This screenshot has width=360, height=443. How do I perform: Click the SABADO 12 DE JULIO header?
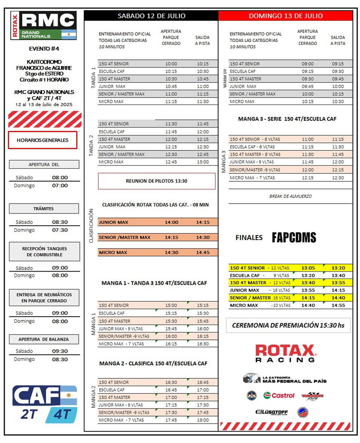click(151, 16)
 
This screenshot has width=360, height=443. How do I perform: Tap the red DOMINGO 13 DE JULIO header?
click(286, 16)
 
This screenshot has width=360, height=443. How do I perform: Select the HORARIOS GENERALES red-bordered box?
click(42, 140)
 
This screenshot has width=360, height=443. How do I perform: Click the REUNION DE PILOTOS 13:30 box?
click(156, 181)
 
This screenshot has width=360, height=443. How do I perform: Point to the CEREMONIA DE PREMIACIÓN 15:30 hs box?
click(288, 325)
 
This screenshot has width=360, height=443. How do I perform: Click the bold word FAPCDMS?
click(294, 238)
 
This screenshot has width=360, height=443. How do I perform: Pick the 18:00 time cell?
click(203, 420)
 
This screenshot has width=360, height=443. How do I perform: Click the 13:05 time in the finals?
click(307, 268)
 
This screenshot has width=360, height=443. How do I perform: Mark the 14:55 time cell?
click(338, 305)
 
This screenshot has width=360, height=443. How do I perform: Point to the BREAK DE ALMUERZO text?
click(290, 196)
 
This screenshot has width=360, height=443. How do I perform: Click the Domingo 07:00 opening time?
click(60, 185)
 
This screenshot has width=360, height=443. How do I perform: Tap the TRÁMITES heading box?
click(44, 209)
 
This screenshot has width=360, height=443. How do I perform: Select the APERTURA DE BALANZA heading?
click(44, 339)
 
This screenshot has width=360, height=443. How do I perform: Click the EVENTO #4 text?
click(43, 49)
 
